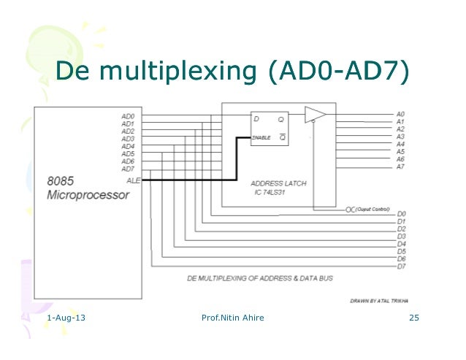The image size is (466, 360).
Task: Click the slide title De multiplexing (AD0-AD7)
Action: coord(233,72)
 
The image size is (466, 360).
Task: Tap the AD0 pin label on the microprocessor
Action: coord(128,116)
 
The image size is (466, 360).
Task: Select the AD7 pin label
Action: coord(128,169)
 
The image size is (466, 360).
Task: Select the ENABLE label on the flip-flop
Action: coord(261,137)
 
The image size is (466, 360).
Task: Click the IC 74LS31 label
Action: coord(270,192)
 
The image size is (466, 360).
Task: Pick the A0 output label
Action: coord(400,114)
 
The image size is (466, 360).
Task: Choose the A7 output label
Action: coord(400,166)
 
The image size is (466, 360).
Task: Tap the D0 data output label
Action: coord(400,213)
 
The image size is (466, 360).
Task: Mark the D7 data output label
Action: coord(400,266)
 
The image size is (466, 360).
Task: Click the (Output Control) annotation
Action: coord(371,209)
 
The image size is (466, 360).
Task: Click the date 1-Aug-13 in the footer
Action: coord(64,318)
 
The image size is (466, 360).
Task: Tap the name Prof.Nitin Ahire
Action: coord(232,318)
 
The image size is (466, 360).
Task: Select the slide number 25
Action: coord(415,318)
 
